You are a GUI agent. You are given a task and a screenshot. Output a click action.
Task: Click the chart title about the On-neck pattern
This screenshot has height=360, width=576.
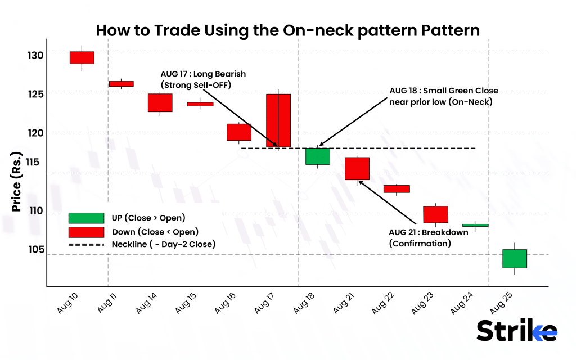click(287, 30)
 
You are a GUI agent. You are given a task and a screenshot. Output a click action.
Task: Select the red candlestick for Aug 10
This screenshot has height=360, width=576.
click(82, 57)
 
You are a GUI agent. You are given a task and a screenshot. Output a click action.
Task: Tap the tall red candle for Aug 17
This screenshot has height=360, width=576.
click(278, 120)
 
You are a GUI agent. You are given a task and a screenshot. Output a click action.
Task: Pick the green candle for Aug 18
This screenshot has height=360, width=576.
click(318, 156)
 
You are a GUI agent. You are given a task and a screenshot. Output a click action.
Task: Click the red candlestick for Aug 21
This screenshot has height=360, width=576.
click(357, 168)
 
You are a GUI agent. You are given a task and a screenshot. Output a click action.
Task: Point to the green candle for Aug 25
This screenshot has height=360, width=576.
click(514, 258)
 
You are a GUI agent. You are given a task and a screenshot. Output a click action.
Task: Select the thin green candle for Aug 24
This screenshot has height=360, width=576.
click(476, 225)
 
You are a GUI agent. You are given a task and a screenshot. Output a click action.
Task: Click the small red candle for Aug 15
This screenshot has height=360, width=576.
click(200, 104)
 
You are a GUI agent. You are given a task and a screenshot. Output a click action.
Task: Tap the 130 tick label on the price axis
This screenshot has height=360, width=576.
click(34, 55)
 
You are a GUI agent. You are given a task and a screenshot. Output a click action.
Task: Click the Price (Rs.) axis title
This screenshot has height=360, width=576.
click(16, 182)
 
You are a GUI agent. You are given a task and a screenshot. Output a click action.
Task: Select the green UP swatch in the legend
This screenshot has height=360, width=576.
click(86, 218)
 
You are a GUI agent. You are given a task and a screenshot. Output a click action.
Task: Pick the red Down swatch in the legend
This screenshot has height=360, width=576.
click(86, 232)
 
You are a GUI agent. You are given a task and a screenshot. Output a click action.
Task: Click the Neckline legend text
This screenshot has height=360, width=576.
click(164, 244)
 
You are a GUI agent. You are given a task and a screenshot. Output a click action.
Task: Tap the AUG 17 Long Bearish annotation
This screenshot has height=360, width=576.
click(203, 79)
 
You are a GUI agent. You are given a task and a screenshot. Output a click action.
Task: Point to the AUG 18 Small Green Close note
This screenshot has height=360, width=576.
click(444, 96)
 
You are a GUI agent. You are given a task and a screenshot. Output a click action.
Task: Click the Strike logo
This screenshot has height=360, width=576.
click(517, 330)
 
